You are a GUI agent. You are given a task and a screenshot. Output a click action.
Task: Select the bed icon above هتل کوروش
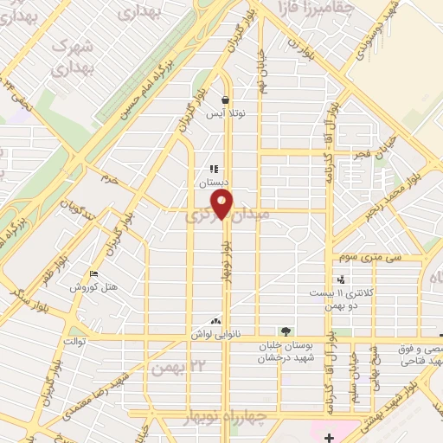point(93,274)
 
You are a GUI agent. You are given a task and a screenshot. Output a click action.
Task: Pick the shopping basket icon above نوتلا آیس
point(225,100)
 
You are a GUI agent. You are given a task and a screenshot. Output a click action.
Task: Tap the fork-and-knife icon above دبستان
point(213,170)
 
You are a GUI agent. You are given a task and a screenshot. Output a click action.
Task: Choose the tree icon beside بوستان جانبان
point(286,331)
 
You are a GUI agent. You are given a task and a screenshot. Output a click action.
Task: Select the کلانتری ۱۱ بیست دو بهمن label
point(344,299)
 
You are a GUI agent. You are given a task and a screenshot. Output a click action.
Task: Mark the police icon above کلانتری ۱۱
point(343,279)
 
